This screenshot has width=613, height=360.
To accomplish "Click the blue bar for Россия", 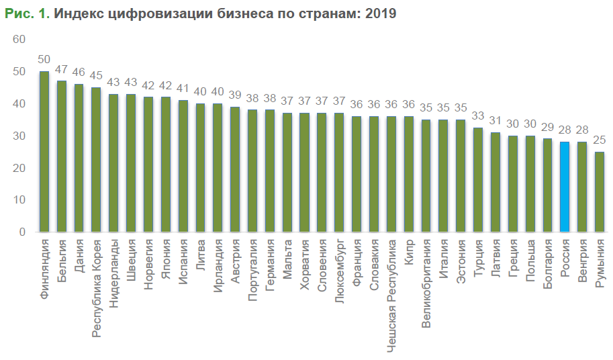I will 565,187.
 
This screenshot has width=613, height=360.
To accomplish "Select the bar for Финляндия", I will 44,152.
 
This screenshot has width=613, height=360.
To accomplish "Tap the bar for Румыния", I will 600,192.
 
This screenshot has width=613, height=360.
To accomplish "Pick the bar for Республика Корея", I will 96,160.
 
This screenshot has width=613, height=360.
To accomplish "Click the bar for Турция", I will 478,180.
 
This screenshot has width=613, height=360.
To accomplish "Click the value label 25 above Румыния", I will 600,141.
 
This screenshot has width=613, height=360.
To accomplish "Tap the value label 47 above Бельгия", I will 62,70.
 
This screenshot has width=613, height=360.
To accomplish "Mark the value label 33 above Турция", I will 478,116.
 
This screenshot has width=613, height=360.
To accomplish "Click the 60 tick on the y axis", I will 19,40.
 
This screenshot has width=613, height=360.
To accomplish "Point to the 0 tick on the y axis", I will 22,232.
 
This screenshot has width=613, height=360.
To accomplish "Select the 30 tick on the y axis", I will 19,136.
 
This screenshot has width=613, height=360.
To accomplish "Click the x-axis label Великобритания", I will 426,278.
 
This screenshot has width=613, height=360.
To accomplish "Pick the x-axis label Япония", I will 166,257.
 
